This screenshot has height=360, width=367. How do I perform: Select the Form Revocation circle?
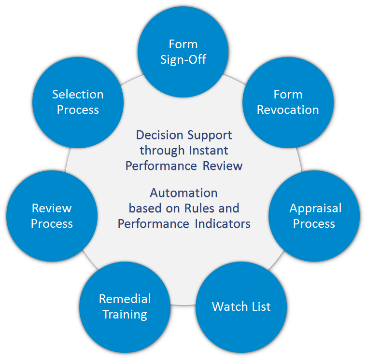288,102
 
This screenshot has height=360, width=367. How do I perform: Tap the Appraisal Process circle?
314,216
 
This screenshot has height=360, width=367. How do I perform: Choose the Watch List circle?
241,306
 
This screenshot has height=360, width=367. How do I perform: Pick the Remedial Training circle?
125,307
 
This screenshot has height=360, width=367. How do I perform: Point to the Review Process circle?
52,216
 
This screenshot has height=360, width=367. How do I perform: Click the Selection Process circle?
78,102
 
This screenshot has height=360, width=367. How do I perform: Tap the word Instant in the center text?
211,150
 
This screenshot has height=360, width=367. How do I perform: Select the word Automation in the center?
183,193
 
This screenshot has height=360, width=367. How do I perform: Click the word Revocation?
288,110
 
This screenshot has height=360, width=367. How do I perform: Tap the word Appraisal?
315,208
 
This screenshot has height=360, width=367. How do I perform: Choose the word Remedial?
125,299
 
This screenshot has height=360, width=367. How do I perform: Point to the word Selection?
78,94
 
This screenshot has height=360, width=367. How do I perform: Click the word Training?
125,315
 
